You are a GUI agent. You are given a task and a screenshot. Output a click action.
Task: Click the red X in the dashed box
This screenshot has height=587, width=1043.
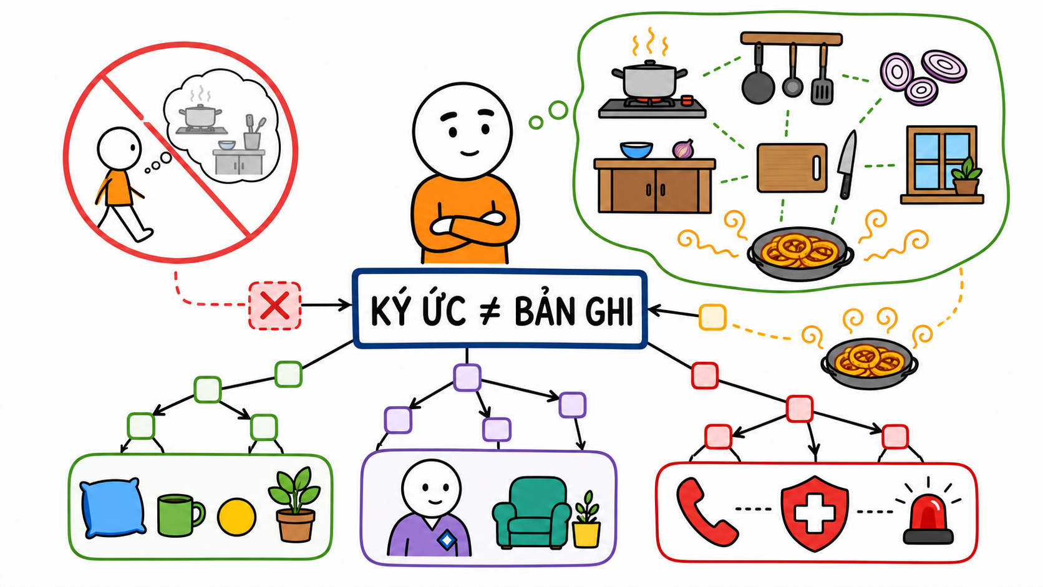coord(274,306)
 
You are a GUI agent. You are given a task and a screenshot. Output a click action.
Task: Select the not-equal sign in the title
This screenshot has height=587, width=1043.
coord(489,311)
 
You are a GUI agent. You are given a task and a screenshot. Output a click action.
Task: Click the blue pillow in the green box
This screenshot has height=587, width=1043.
coord(112,507)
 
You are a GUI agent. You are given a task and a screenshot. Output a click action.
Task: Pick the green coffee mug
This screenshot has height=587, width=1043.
coord(180,515)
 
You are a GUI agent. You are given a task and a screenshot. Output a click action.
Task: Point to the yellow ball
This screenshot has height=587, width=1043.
coord(236,517)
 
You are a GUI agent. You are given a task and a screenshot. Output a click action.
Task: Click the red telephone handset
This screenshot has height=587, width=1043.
coord(706,512)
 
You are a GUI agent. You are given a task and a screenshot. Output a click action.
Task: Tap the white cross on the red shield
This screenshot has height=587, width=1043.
coord(814,513)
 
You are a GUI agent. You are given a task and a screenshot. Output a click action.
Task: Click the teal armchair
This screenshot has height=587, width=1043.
coord(531,513)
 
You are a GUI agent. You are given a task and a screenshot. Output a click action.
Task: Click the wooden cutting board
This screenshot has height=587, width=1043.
coord(792,168)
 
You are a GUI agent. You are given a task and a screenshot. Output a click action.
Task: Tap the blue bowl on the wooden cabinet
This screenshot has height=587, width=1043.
coord(636,150)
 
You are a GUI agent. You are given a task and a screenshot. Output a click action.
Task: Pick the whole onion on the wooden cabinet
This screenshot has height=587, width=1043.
coord(684,149)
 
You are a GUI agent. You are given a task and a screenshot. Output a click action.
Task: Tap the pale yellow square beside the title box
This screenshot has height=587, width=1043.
coord(712,318)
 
